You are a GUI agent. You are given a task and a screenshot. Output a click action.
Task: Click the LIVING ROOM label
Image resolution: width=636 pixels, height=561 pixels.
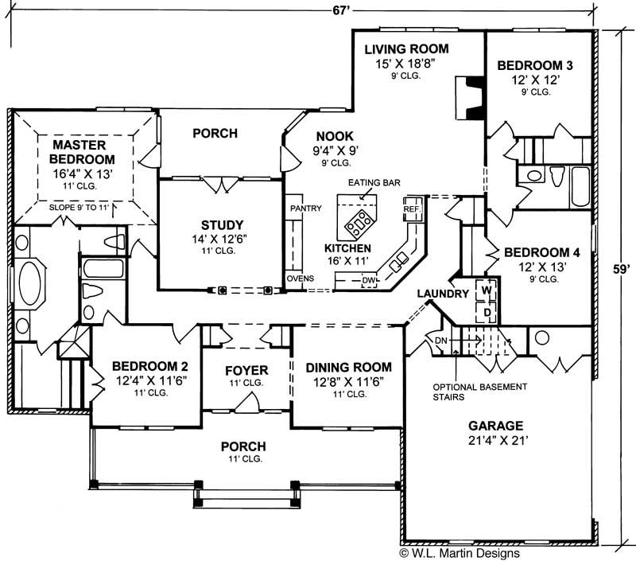click(x=406, y=49)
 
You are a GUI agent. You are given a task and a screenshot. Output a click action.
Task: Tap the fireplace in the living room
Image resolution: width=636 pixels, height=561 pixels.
click(x=468, y=97)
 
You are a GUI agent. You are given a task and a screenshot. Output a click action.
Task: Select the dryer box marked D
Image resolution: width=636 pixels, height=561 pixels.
click(x=486, y=311)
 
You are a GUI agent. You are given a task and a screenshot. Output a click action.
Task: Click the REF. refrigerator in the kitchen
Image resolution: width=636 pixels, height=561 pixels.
click(x=411, y=208)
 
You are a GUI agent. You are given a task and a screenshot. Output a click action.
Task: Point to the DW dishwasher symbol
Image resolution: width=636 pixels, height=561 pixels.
click(x=367, y=280)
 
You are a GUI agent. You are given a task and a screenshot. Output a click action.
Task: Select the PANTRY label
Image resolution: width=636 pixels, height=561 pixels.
click(x=305, y=208)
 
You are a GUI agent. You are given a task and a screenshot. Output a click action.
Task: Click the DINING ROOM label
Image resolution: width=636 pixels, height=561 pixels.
click(x=348, y=367)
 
